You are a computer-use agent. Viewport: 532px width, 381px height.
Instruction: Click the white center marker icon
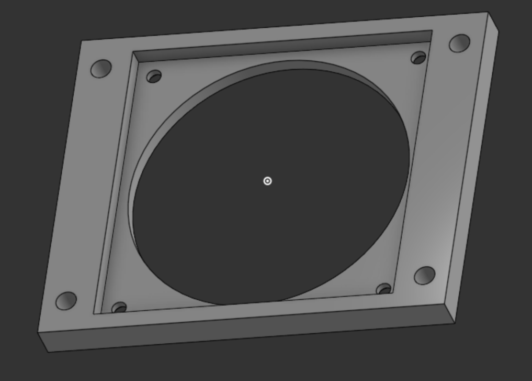point(267,181)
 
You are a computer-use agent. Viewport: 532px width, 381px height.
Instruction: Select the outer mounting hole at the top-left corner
point(101,69)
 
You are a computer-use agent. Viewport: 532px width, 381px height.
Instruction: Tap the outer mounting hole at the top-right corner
point(459,43)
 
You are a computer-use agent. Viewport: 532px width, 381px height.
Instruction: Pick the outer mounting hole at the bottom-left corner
point(66,301)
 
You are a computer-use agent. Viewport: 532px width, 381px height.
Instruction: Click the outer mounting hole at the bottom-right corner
point(425,275)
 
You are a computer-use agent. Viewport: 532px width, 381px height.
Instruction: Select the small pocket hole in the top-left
point(154,77)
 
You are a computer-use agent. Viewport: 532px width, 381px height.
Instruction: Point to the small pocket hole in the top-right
point(418,58)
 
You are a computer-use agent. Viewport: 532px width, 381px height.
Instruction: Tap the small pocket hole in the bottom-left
point(119,308)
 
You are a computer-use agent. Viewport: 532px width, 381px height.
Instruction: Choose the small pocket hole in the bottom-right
point(384,289)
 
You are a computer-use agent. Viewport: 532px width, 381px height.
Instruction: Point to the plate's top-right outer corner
point(488,13)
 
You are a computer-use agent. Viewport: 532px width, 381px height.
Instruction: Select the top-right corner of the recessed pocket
point(432,31)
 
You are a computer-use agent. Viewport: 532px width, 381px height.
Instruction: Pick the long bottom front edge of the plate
point(251,338)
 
